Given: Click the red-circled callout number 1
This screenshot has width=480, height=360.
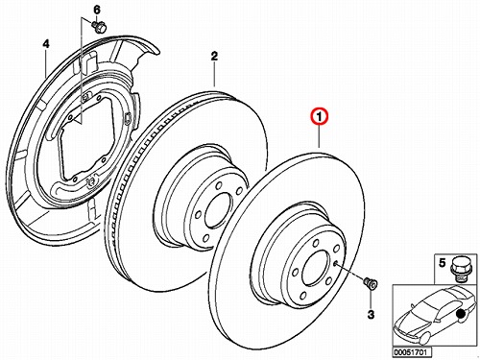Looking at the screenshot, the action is (319, 117).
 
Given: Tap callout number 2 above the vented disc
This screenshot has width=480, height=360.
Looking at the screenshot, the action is (214, 57).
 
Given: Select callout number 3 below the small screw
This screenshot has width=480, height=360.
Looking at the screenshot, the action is (371, 315).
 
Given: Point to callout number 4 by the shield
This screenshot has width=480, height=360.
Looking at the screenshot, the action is (46, 44).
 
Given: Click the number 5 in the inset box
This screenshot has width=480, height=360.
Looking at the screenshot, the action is (442, 263).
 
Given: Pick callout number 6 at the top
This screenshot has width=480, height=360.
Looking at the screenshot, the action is (97, 10).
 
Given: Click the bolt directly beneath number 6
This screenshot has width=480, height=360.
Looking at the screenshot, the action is (100, 27).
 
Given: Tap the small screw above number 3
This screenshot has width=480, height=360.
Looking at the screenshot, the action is (371, 283).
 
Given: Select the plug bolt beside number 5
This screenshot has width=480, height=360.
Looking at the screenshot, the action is (459, 268).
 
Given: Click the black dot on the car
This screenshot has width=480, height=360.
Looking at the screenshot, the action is (461, 314).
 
